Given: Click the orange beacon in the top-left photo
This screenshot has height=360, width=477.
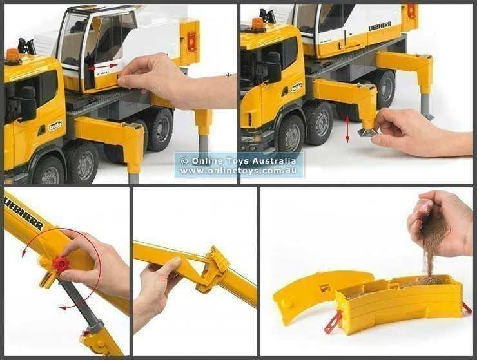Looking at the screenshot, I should [12, 55].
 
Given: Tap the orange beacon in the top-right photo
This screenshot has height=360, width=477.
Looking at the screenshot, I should [258, 24].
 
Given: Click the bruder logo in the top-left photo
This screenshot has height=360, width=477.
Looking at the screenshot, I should [56, 126].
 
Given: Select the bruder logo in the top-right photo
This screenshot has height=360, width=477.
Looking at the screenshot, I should [296, 86].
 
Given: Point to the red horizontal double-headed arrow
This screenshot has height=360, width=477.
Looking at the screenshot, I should [103, 66].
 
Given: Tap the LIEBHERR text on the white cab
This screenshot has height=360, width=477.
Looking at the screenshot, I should [380, 27].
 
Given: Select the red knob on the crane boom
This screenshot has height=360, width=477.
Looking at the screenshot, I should [61, 265].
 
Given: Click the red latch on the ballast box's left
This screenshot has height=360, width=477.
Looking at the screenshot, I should [333, 320].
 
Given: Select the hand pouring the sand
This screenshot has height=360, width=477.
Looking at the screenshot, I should [442, 219].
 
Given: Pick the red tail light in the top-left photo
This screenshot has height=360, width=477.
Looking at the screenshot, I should [191, 42].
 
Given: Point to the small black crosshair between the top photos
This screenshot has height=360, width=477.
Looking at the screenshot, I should [228, 75].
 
